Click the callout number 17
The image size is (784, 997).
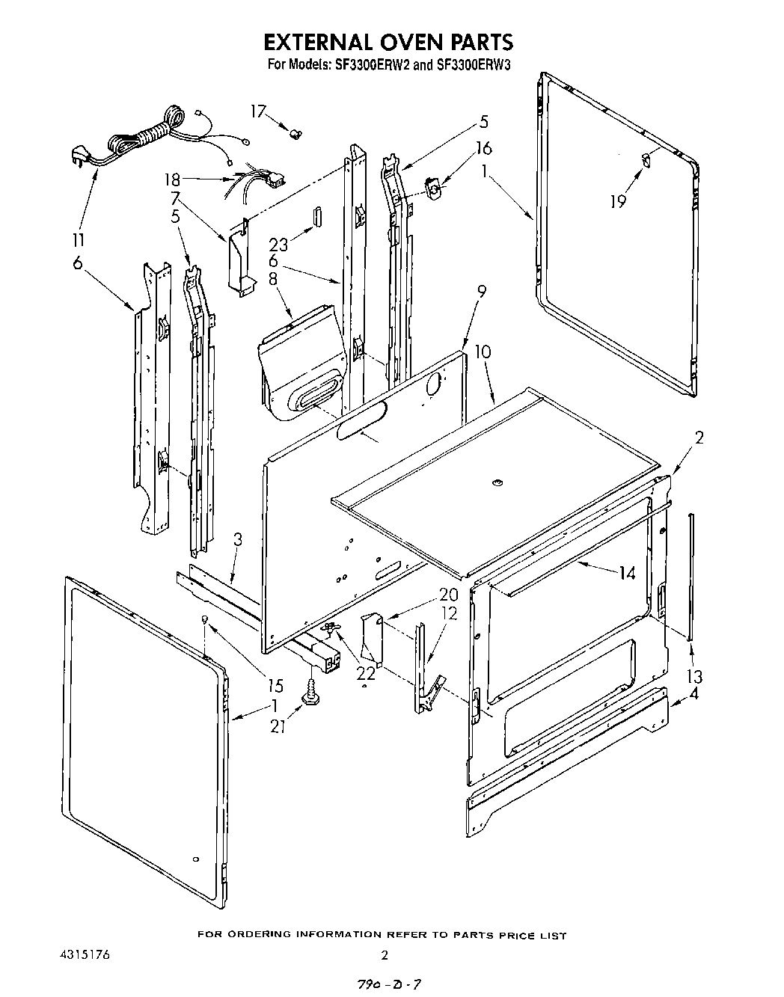(x=258, y=111)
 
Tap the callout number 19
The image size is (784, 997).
(x=618, y=200)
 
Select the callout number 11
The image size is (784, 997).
(x=78, y=240)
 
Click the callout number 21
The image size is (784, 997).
(x=278, y=725)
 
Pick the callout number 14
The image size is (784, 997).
(x=627, y=574)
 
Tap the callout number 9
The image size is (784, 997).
(x=482, y=292)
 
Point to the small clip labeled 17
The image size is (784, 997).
(x=296, y=135)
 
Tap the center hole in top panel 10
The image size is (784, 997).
(x=496, y=485)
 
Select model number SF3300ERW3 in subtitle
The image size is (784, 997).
(x=474, y=65)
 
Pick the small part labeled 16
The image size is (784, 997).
(x=432, y=187)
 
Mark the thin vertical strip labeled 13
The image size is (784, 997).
(x=691, y=576)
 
